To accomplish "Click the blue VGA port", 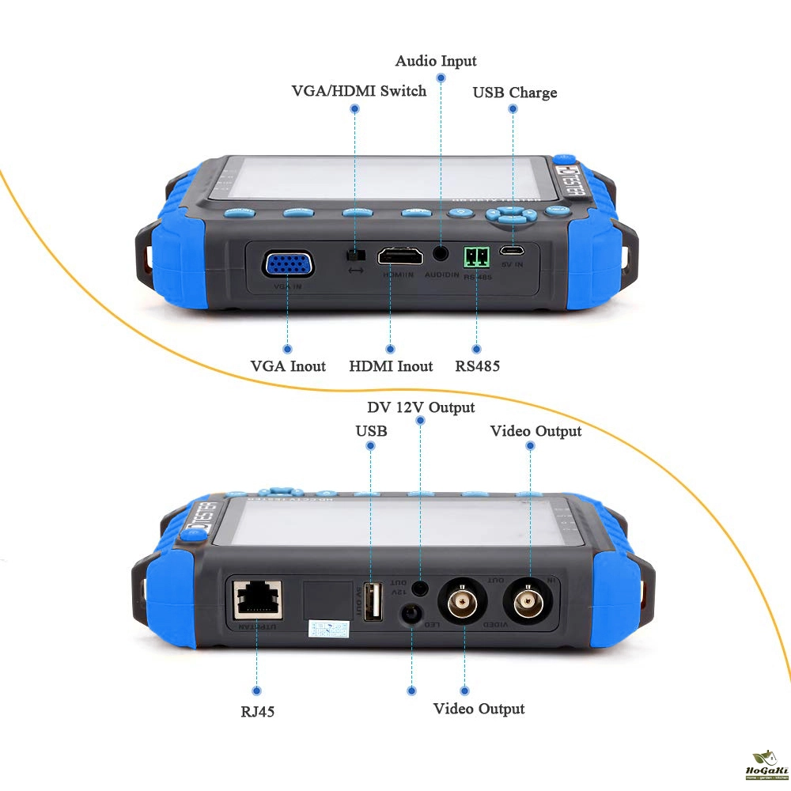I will click(287, 263).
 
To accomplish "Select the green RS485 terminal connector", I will click(476, 255).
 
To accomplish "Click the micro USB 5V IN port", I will click(512, 252).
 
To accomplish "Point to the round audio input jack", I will click(441, 254).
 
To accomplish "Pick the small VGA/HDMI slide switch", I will click(356, 255).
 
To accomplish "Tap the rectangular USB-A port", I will click(373, 603).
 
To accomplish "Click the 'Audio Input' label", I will click(436, 61).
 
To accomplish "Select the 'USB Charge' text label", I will click(514, 93).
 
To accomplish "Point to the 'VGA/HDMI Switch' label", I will click(358, 91).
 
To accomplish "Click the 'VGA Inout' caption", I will click(288, 366).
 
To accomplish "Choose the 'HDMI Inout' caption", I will click(391, 366).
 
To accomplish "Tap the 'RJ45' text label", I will click(258, 711).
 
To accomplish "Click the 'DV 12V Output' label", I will click(421, 407).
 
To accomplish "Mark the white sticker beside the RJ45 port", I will click(328, 630).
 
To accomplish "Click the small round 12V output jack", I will click(422, 588).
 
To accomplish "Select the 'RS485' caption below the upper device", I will click(477, 366).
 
